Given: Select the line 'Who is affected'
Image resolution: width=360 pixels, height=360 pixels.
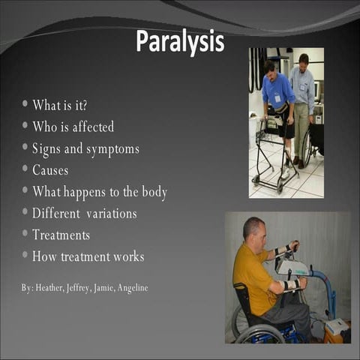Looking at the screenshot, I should tap(73, 126).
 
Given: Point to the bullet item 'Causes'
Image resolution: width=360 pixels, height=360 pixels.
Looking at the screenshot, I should tap(50, 170).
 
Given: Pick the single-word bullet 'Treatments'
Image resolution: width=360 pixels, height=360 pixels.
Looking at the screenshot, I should tap(61, 235).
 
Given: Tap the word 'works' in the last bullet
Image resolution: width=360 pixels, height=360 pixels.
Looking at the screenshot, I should tap(127, 256).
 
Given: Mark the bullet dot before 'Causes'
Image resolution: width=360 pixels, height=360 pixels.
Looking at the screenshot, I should tap(25, 169).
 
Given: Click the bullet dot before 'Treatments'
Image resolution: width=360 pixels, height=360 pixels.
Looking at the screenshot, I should tap(25, 234).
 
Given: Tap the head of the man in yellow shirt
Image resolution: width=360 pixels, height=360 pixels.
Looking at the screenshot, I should tap(253, 229).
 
